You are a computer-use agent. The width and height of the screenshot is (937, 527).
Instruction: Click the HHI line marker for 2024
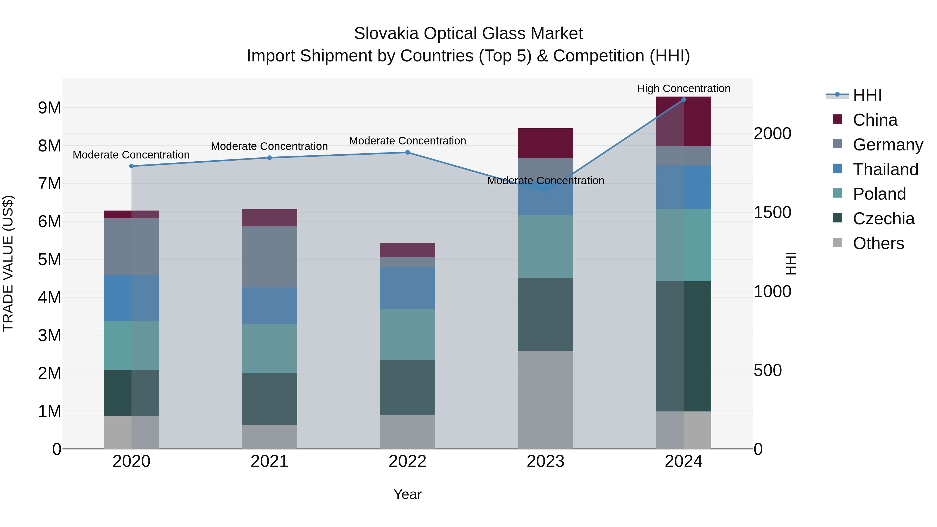(x=683, y=100)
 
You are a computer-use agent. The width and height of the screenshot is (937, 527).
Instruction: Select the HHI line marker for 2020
(x=132, y=166)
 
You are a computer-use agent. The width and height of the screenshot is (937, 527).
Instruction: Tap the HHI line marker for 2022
(x=407, y=153)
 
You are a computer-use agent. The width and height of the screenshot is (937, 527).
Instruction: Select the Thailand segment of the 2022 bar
(x=407, y=288)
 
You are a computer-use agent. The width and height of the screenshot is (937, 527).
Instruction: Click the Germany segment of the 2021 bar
(x=270, y=257)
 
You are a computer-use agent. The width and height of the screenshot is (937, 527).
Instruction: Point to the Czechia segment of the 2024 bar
(x=683, y=346)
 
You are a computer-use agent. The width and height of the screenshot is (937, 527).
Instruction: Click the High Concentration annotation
(x=683, y=88)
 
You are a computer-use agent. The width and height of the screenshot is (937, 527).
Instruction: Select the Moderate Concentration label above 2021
(x=270, y=146)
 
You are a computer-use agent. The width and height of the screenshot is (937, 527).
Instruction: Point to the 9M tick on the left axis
(x=49, y=108)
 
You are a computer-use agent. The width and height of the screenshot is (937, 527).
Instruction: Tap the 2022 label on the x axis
(x=407, y=461)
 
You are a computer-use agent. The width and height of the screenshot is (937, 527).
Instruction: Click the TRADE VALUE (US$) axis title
(x=8, y=263)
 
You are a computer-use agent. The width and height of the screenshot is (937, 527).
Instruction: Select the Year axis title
(x=407, y=494)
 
